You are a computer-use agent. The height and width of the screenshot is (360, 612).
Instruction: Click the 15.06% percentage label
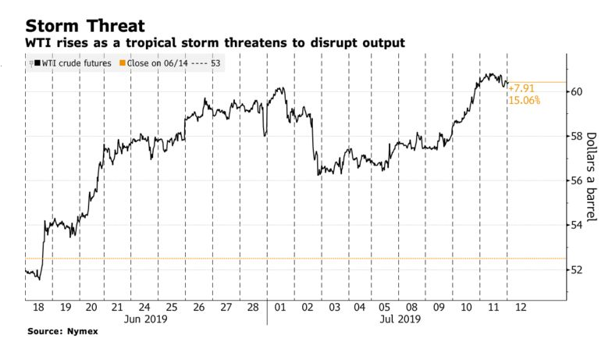click(524, 101)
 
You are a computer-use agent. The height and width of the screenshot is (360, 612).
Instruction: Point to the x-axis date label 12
click(520, 307)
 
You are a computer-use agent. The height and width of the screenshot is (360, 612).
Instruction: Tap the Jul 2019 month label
click(400, 319)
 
